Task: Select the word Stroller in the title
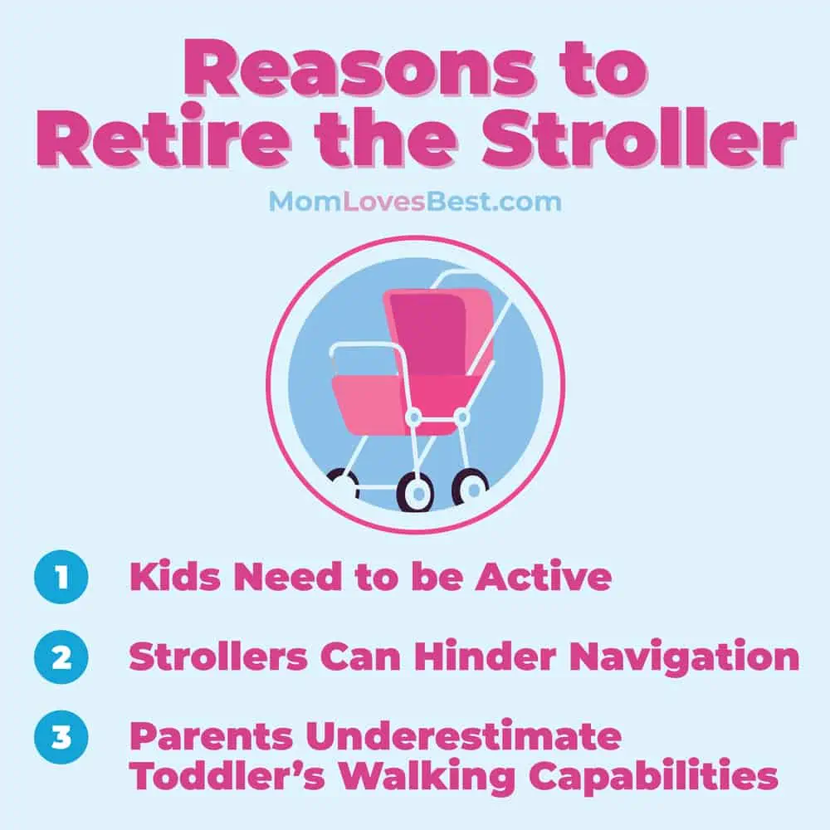point(637,138)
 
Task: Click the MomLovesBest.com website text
point(415,202)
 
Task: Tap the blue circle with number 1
point(61,577)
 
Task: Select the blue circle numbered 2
point(61,657)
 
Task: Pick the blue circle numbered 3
point(61,737)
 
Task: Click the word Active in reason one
point(544,576)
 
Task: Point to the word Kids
point(175,576)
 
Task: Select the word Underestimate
point(463,735)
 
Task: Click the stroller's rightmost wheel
point(470,489)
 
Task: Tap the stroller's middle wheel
point(416,492)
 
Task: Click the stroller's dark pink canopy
point(430,332)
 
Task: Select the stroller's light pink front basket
point(370,403)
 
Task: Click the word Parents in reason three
point(211,735)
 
